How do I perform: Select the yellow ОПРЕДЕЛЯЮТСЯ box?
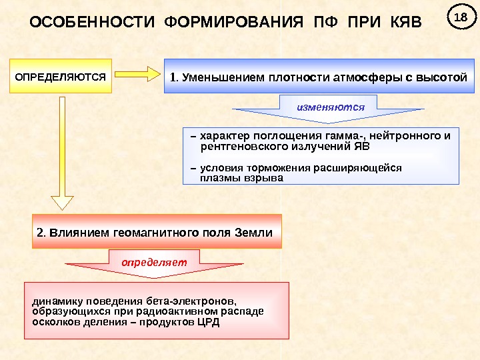click(x=61, y=77)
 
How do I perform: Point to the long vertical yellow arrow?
click(x=63, y=153)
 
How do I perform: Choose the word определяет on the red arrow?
click(x=154, y=261)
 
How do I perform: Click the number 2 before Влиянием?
click(x=40, y=233)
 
